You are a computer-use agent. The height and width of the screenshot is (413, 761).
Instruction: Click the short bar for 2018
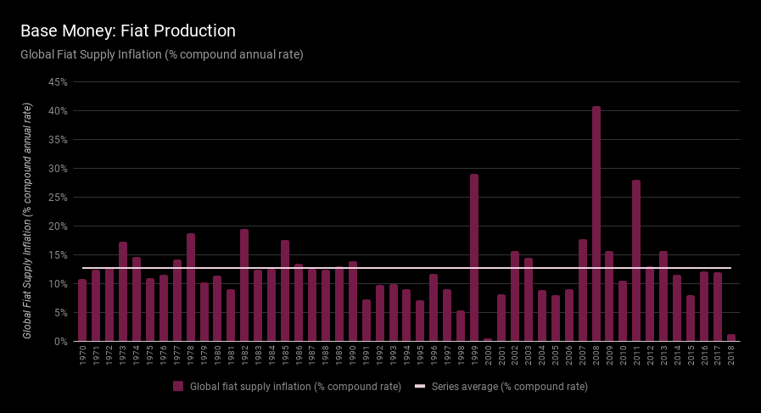[731, 338]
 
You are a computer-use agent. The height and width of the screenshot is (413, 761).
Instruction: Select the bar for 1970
[82, 310]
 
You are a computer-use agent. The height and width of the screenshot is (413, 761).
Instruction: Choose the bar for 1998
[461, 326]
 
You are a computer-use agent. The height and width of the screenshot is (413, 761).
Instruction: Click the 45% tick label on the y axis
[59, 82]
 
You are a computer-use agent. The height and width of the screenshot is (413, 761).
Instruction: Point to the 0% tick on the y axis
[61, 342]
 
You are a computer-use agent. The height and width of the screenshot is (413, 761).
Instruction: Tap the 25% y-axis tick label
[59, 198]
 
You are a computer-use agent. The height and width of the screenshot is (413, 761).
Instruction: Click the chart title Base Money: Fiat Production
[128, 31]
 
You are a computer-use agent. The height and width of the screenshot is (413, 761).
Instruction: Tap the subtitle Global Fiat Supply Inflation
[162, 54]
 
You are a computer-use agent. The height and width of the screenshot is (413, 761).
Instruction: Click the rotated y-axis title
[28, 220]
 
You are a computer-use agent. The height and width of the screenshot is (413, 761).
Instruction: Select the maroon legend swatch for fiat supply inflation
[178, 387]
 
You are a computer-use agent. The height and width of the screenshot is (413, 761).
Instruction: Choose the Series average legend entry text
[509, 387]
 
